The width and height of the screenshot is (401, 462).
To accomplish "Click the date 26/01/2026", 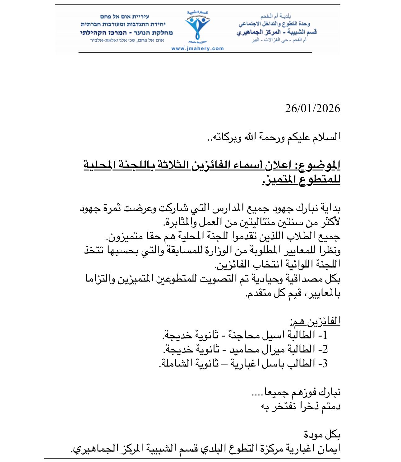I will coord(312,109).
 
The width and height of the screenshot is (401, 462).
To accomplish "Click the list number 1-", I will coord(323,335).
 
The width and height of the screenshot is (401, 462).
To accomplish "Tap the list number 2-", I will coord(323,349).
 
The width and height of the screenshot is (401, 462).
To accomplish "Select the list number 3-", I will coord(323,363).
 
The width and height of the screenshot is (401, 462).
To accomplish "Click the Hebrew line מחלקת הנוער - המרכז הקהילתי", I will coord(127,32).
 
